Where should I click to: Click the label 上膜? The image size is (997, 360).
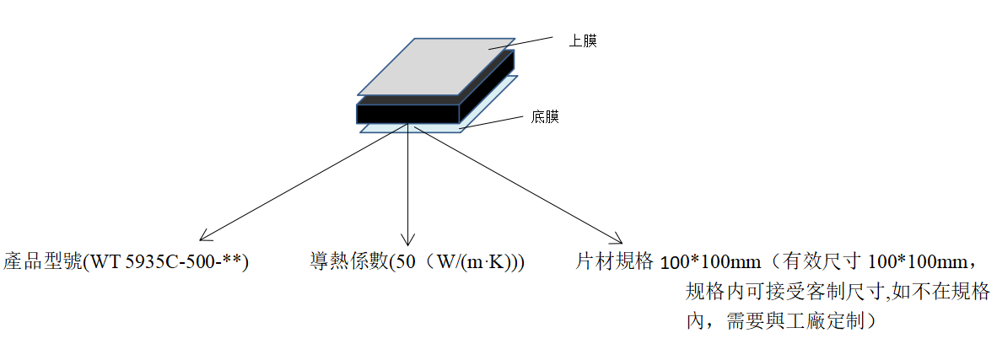click(x=584, y=42)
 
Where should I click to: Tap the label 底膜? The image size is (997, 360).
click(x=545, y=117)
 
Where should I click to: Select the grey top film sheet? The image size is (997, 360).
click(x=436, y=67)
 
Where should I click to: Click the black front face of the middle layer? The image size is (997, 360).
click(x=407, y=113)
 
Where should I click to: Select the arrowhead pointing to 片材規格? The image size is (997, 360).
click(x=617, y=239)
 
